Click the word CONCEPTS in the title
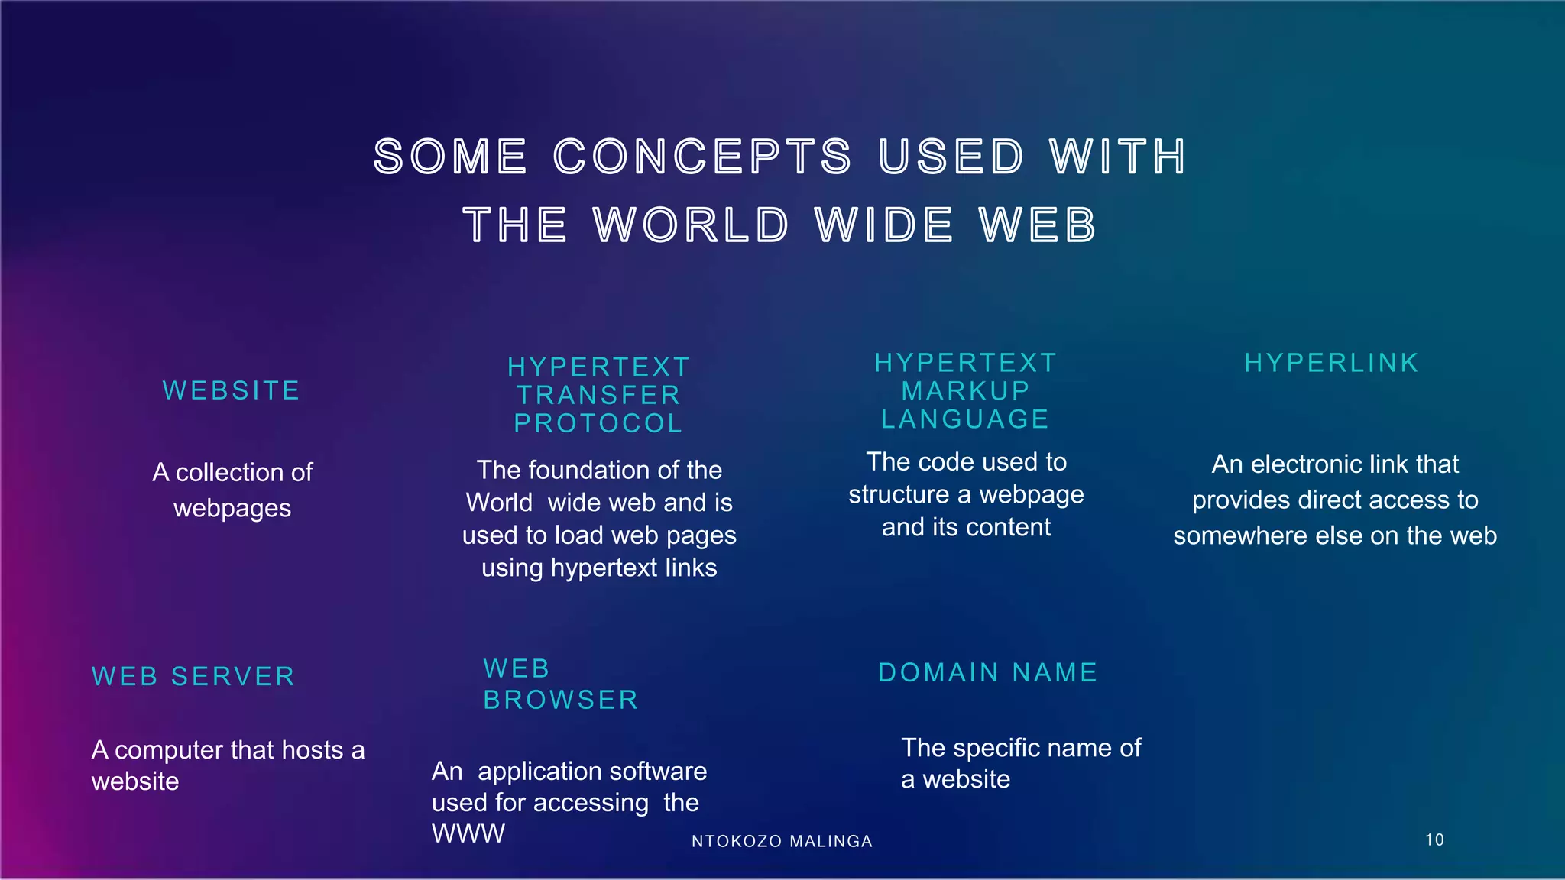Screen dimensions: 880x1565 click(x=701, y=157)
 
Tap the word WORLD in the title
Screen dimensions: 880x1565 click(x=691, y=225)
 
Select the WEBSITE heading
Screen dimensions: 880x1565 click(x=232, y=391)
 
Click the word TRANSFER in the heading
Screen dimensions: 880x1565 click(x=598, y=396)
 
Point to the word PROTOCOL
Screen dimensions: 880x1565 click(x=598, y=424)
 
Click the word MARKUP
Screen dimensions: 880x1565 click(x=966, y=391)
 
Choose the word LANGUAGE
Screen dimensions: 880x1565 click(x=966, y=419)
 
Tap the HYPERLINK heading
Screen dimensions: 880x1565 click(x=1331, y=363)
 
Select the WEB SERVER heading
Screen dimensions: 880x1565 click(x=193, y=677)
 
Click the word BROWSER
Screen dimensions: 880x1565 click(x=561, y=700)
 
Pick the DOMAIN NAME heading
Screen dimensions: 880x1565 click(x=988, y=673)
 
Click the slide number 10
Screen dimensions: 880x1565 click(x=1434, y=840)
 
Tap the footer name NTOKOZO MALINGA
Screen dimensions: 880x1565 click(x=782, y=842)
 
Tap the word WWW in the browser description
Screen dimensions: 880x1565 click(x=468, y=833)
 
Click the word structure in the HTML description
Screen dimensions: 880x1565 click(x=899, y=495)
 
